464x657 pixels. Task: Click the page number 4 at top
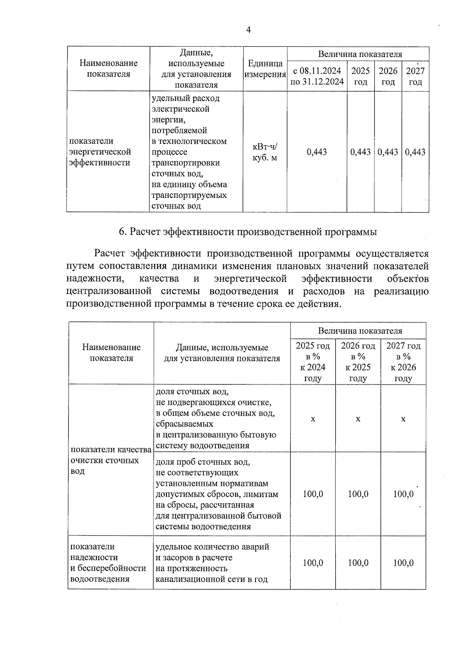point(249,30)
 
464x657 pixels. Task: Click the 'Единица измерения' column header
point(265,69)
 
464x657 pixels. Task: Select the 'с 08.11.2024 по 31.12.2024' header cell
point(317,76)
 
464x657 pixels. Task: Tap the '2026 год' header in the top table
point(388,76)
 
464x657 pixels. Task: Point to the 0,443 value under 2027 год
point(415,152)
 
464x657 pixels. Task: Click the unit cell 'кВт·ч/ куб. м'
point(265,152)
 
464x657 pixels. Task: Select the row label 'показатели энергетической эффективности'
point(100,152)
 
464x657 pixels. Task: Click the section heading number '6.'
point(123,232)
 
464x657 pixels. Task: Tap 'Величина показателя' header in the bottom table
point(360,331)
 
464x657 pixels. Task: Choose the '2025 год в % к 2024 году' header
point(313,362)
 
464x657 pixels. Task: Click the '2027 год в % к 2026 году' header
point(403,362)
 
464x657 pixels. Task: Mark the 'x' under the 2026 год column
point(358,419)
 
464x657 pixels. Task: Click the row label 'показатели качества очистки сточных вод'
point(111,460)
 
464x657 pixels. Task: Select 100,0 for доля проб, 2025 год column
point(313,494)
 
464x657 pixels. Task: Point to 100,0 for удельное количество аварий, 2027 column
point(403,563)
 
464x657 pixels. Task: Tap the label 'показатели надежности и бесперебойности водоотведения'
point(108,563)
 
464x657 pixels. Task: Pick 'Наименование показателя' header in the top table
point(109,69)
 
